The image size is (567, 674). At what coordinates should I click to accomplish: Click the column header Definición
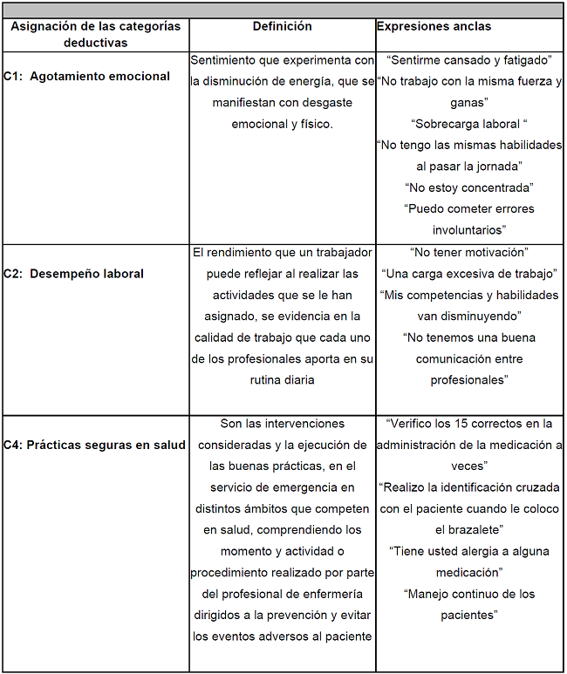click(282, 26)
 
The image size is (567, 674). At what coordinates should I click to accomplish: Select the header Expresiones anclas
click(434, 26)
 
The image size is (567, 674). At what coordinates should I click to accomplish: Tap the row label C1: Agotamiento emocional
click(86, 76)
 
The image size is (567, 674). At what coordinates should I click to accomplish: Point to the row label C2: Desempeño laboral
click(74, 274)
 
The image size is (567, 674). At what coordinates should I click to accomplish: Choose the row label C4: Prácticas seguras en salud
click(94, 445)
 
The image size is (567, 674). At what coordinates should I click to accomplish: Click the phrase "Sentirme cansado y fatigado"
click(469, 60)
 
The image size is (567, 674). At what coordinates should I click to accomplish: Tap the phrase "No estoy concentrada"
click(469, 187)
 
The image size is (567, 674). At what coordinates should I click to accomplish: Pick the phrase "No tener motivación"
click(469, 252)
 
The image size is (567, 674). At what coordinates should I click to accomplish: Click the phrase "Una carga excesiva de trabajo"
click(469, 274)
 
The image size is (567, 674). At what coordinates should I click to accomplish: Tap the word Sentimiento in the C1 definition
click(224, 60)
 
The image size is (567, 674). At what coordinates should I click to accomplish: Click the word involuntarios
click(469, 230)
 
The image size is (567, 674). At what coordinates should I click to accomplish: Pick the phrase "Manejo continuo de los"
click(469, 595)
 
